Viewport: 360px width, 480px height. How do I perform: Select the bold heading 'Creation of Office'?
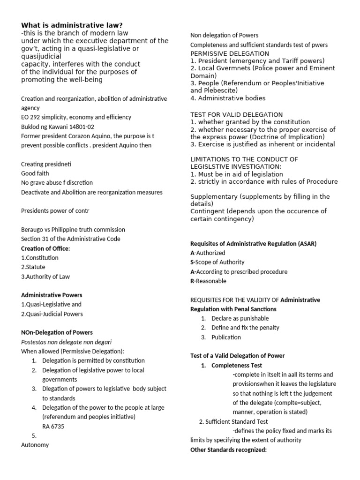45,248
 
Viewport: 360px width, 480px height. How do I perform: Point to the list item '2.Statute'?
33,267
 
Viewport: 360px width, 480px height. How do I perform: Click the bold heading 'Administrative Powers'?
52,295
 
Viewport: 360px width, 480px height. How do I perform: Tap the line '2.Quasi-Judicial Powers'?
52,314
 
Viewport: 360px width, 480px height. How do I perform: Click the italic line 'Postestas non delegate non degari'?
66,342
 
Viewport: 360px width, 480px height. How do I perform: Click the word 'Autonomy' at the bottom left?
35,445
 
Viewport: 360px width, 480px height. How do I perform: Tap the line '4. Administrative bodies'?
228,98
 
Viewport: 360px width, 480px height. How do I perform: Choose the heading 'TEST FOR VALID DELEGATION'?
236,114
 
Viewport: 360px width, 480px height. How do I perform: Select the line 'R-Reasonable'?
208,281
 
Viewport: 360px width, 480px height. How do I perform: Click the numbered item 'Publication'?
226,337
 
